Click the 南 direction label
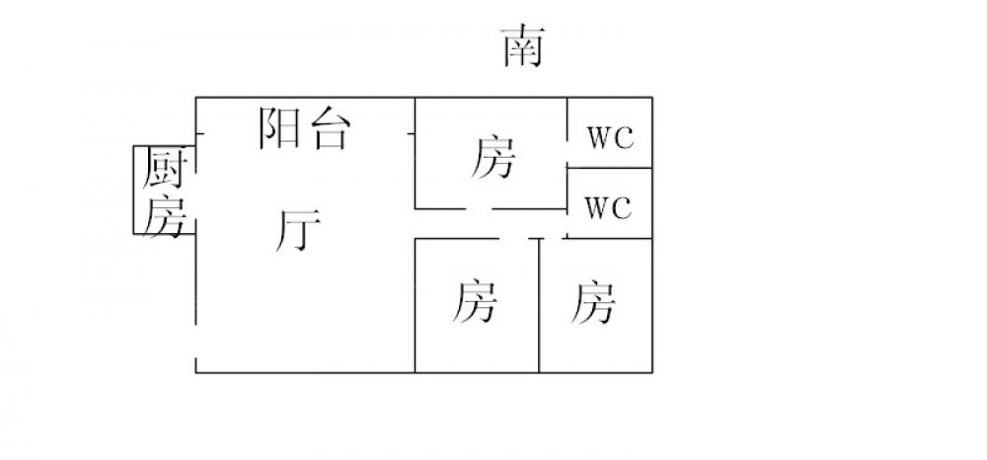(x=522, y=47)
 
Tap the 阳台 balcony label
(x=304, y=128)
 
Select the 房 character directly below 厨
(x=162, y=216)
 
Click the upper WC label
(x=610, y=137)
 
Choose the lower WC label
(x=608, y=209)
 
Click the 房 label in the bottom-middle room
(x=475, y=302)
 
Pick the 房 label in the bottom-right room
(x=593, y=302)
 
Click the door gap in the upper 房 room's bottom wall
(x=480, y=208)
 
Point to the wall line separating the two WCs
(x=610, y=168)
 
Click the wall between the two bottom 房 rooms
(x=539, y=306)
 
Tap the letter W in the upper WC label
(x=599, y=137)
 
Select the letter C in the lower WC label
(x=622, y=209)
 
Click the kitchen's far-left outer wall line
(x=134, y=190)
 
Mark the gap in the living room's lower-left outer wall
(x=195, y=342)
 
